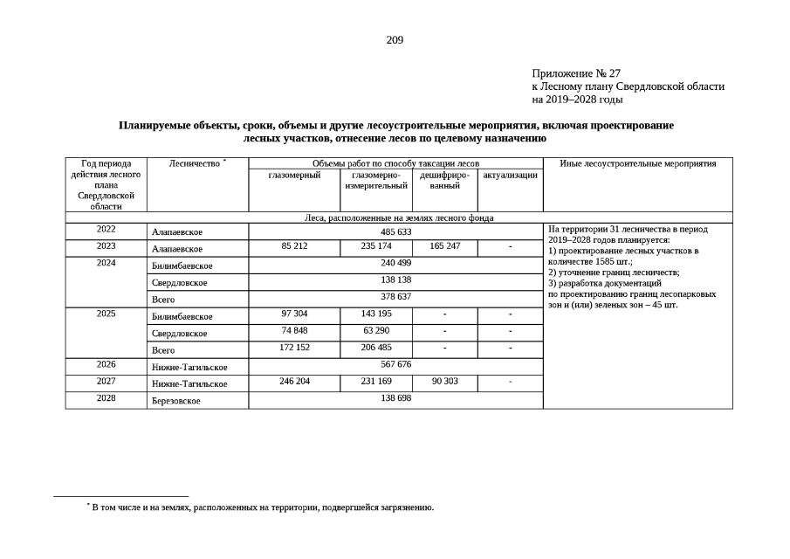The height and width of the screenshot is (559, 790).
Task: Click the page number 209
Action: [x=395, y=40]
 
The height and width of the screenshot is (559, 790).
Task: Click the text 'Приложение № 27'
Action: [x=576, y=73]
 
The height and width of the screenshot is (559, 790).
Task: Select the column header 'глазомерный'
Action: [x=294, y=175]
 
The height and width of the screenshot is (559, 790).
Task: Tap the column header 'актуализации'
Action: [x=510, y=175]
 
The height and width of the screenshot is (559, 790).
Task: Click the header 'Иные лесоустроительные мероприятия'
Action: [x=637, y=163]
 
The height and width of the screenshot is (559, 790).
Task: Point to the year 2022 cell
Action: [x=106, y=231]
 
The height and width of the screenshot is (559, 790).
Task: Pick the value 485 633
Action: [x=395, y=231]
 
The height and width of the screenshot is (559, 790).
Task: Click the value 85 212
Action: [x=294, y=247]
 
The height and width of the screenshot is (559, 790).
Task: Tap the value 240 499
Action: [x=395, y=264]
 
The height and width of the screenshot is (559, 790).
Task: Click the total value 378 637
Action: [x=395, y=297]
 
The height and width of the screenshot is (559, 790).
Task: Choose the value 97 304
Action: [x=294, y=314]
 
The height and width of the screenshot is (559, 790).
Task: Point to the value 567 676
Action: [x=395, y=364]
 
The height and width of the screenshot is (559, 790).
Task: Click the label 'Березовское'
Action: [x=175, y=401]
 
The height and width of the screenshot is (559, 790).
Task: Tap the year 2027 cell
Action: [x=106, y=381]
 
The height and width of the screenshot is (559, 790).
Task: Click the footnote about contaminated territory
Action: [x=262, y=507]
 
